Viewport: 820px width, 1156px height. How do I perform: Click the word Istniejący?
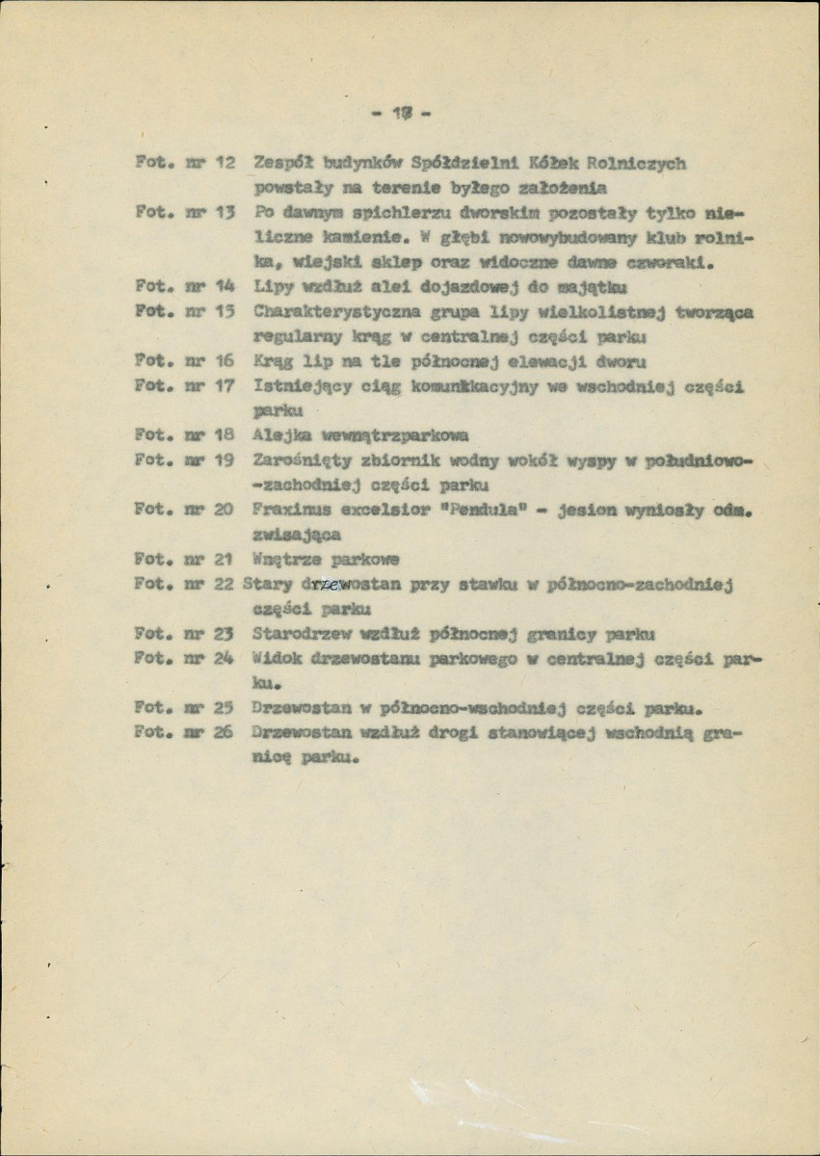pyautogui.click(x=296, y=385)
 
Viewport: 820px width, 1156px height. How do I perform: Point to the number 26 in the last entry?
pyautogui.click(x=224, y=732)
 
